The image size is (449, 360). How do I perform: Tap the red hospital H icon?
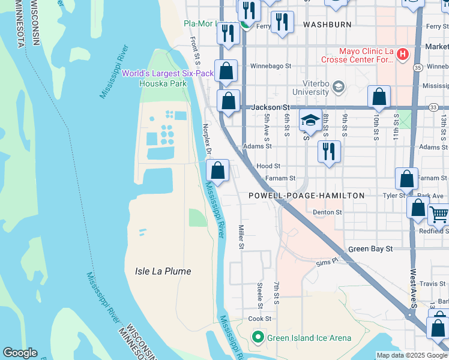coord(402,55)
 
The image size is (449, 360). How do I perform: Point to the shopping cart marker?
coord(439,214)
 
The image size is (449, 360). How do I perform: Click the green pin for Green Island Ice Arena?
coord(258,338)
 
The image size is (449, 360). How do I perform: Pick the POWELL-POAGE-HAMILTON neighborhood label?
coord(306,196)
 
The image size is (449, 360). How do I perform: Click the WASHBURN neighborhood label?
coord(327,25)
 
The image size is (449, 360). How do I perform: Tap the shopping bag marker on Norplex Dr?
coord(217,171)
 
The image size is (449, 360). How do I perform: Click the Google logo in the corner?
coord(19,353)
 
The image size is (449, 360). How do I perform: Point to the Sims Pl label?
coord(327,262)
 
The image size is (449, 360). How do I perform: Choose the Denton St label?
coord(327,212)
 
